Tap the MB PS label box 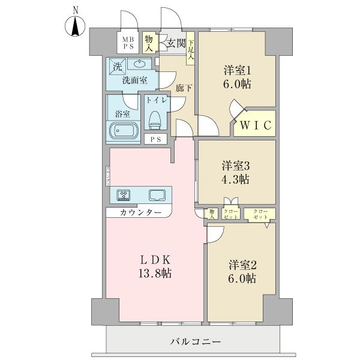[129, 41]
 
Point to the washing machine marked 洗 [115, 64]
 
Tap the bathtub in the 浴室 [122, 130]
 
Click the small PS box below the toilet [156, 139]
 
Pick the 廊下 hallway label [184, 88]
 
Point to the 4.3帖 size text [235, 179]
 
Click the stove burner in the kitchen [124, 194]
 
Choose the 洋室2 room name [242, 265]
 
